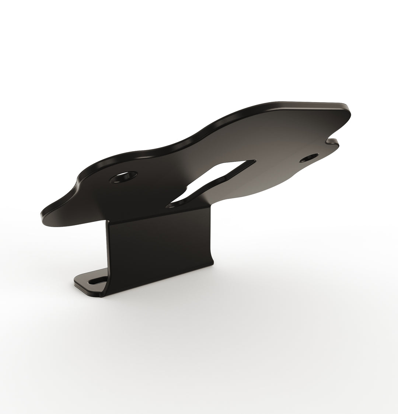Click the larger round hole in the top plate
pos(124,177)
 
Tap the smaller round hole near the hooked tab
pos(309,157)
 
